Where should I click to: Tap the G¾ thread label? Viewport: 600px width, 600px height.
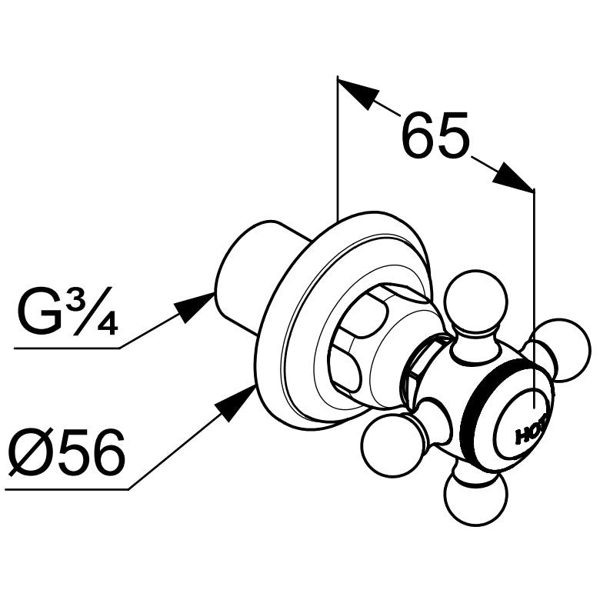click(x=67, y=312)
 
